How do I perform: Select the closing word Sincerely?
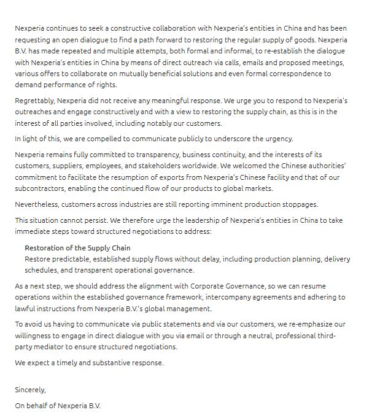30,389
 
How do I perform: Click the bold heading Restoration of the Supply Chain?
77,247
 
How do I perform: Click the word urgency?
277,138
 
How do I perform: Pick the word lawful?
27,309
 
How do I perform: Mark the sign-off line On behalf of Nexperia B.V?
58,406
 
